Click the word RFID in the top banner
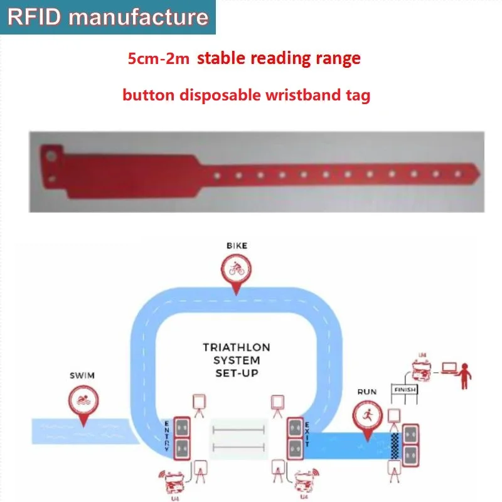coord(32,16)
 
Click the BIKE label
coord(237,246)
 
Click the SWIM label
coord(82,375)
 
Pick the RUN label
coord(367,392)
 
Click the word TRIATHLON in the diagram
coord(237,347)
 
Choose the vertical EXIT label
coord(307,434)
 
